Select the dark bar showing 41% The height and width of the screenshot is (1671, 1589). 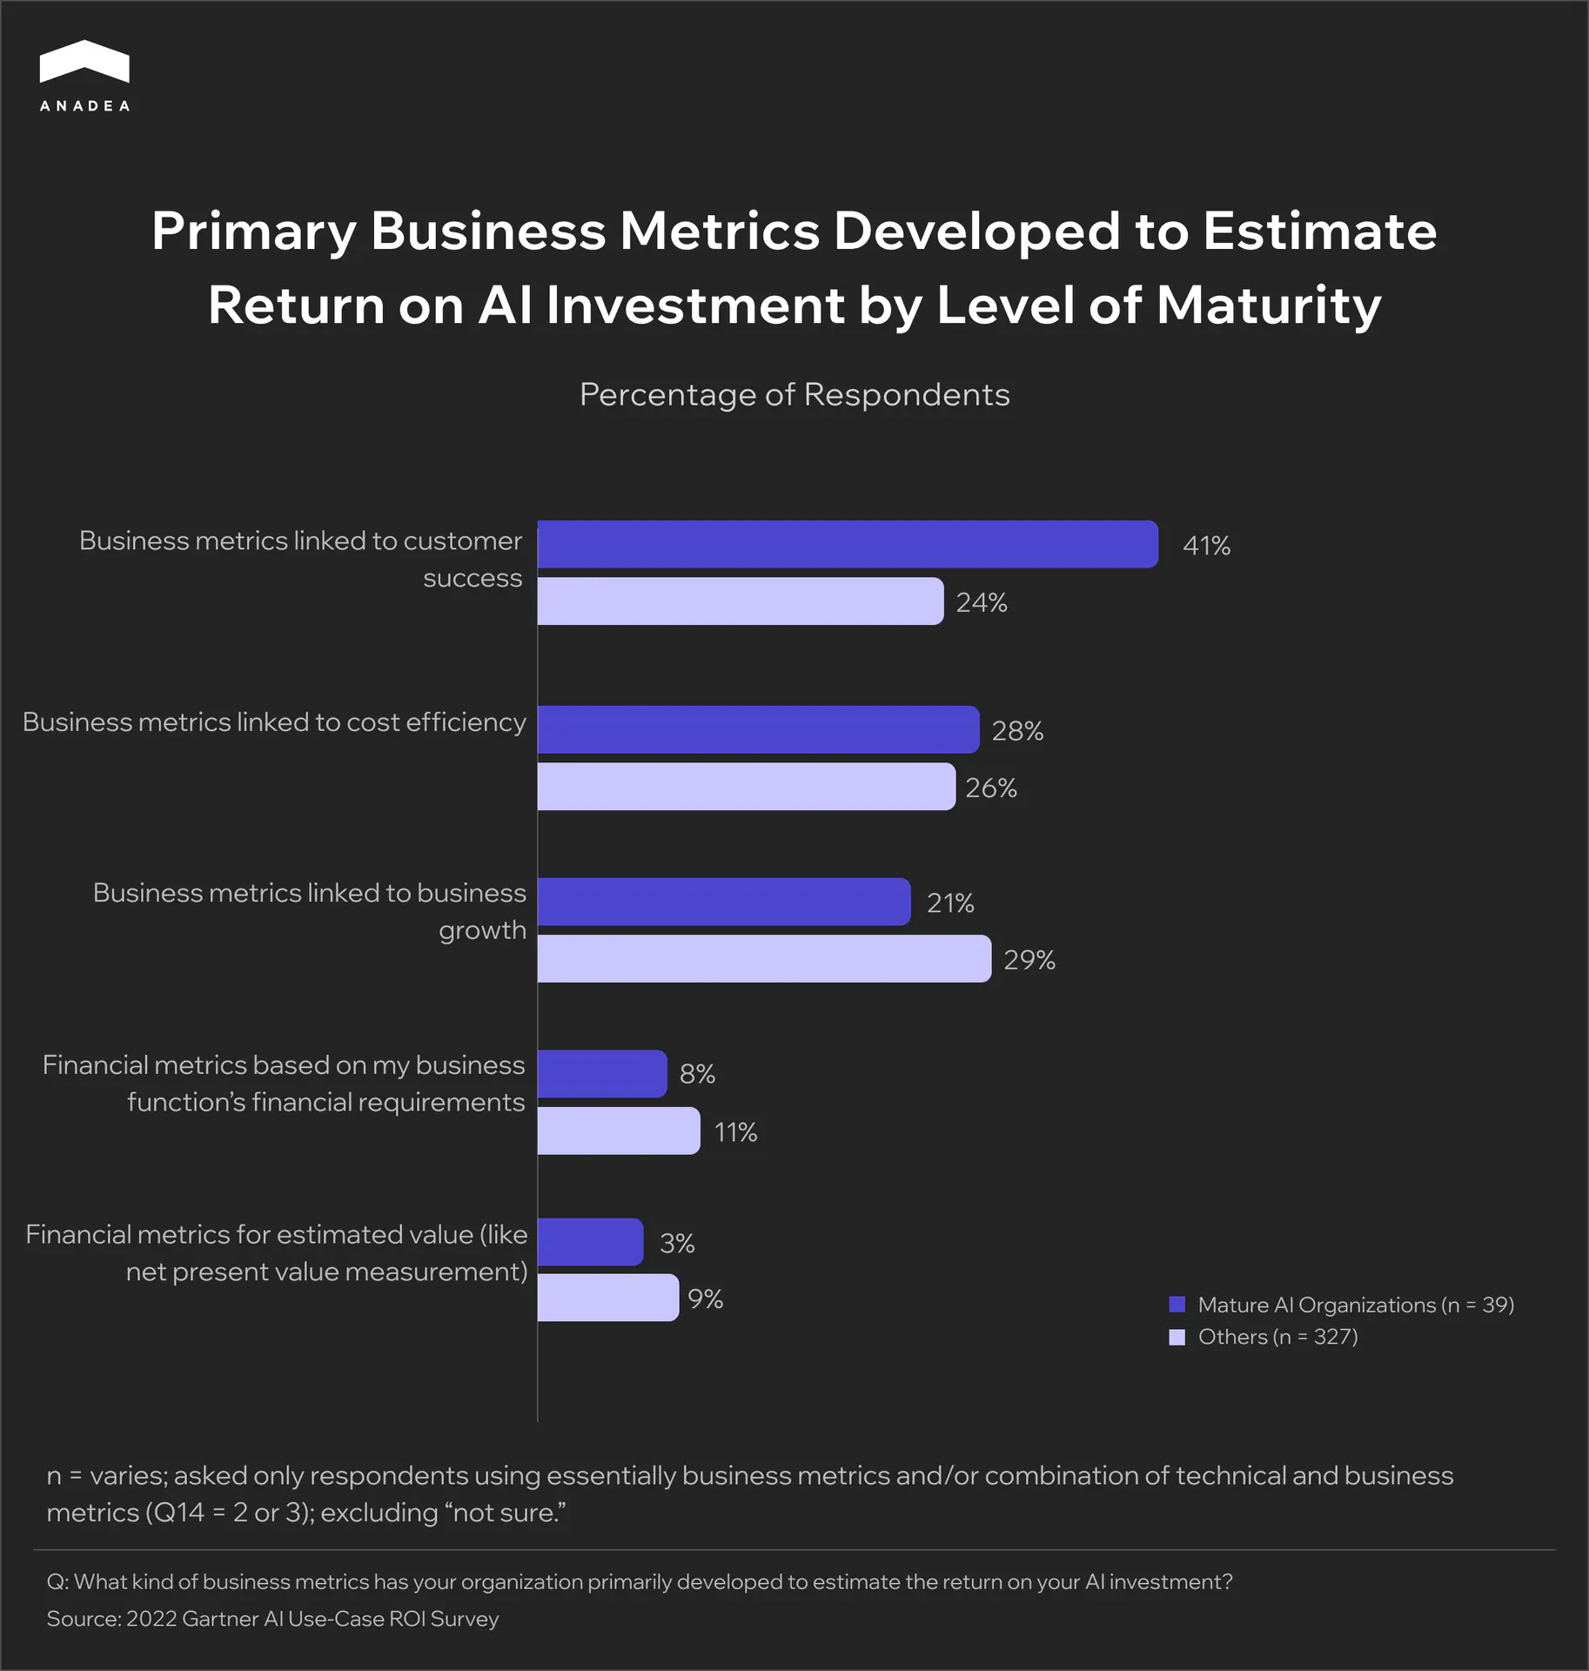point(847,545)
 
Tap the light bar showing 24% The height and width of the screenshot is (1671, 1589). point(740,601)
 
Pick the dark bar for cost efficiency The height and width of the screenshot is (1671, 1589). point(758,729)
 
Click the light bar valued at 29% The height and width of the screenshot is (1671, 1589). point(764,959)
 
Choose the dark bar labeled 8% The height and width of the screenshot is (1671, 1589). point(602,1074)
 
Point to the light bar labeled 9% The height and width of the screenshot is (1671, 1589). point(607,1298)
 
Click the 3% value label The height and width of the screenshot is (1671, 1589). point(677,1243)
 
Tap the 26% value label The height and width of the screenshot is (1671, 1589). point(991,788)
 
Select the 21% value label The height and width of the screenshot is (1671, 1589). point(950,903)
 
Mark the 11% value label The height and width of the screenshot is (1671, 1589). point(735,1132)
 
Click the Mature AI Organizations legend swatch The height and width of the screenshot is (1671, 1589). point(1177,1305)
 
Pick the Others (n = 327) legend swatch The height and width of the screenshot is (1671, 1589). point(1177,1337)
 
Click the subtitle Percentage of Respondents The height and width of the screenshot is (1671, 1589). point(794,394)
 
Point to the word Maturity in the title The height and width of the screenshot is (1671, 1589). point(1269,305)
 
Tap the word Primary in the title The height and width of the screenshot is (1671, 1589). point(253,232)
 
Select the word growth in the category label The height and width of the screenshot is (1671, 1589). point(482,930)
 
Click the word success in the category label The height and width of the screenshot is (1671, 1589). point(473,578)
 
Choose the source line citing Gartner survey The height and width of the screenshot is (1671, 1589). point(272,1619)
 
